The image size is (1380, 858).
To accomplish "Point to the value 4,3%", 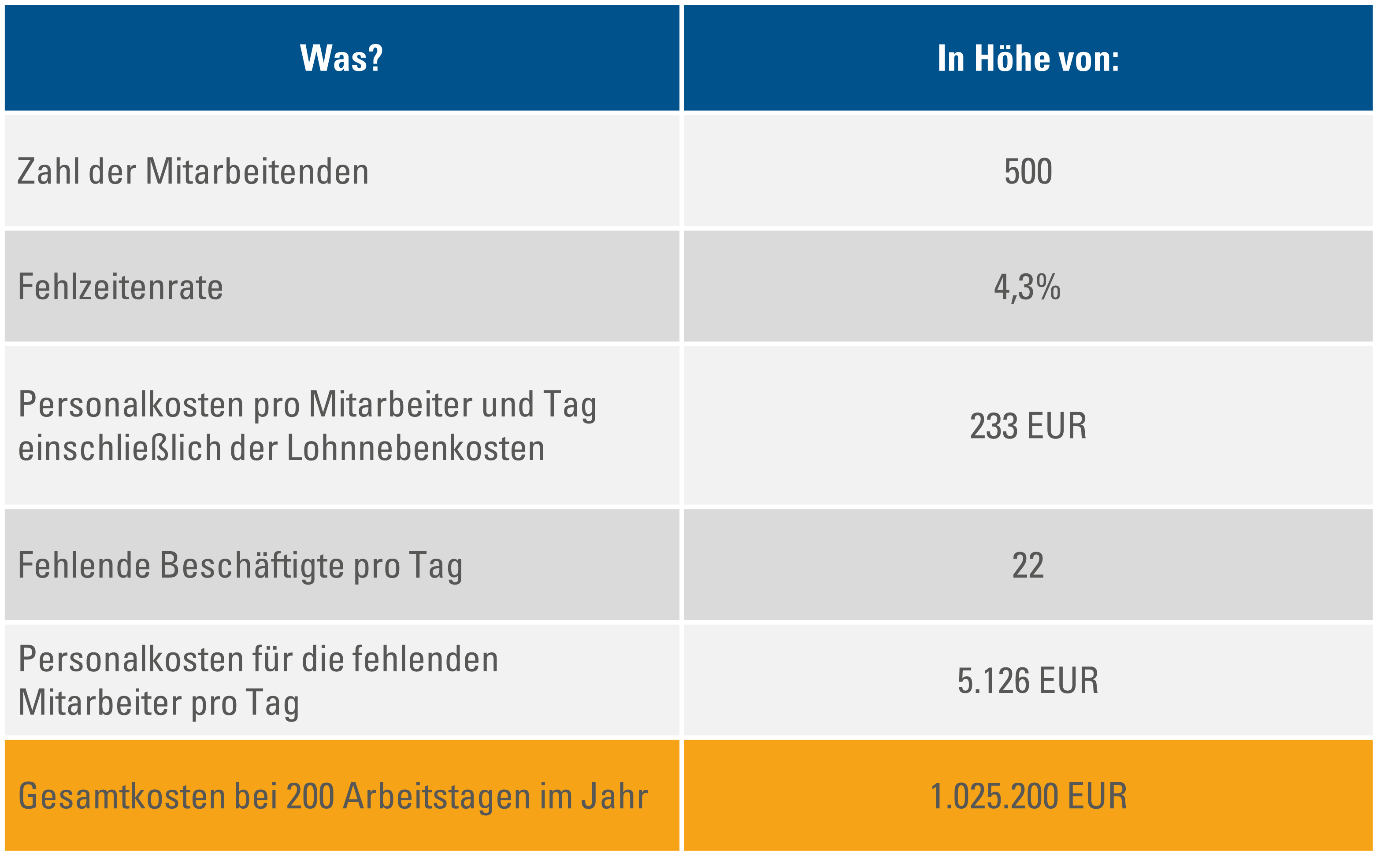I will (x=1027, y=287).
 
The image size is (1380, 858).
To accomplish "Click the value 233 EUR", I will (x=1028, y=426).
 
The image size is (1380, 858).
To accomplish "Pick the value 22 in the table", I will (x=1028, y=565).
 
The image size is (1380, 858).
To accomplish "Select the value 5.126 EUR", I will (x=1028, y=681).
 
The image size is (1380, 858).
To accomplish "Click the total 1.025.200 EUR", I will (x=1028, y=796).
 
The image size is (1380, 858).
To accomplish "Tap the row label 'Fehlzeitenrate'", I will (x=120, y=287).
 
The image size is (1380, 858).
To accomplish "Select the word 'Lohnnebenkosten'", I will (x=415, y=448).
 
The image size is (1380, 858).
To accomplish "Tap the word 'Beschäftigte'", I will (x=251, y=566).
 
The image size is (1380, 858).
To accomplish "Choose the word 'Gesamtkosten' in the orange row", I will (x=122, y=796).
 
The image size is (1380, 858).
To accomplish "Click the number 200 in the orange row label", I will (x=310, y=796).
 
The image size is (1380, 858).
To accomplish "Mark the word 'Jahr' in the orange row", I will (x=615, y=796).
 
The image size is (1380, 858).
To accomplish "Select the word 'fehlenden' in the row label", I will (x=425, y=659).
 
